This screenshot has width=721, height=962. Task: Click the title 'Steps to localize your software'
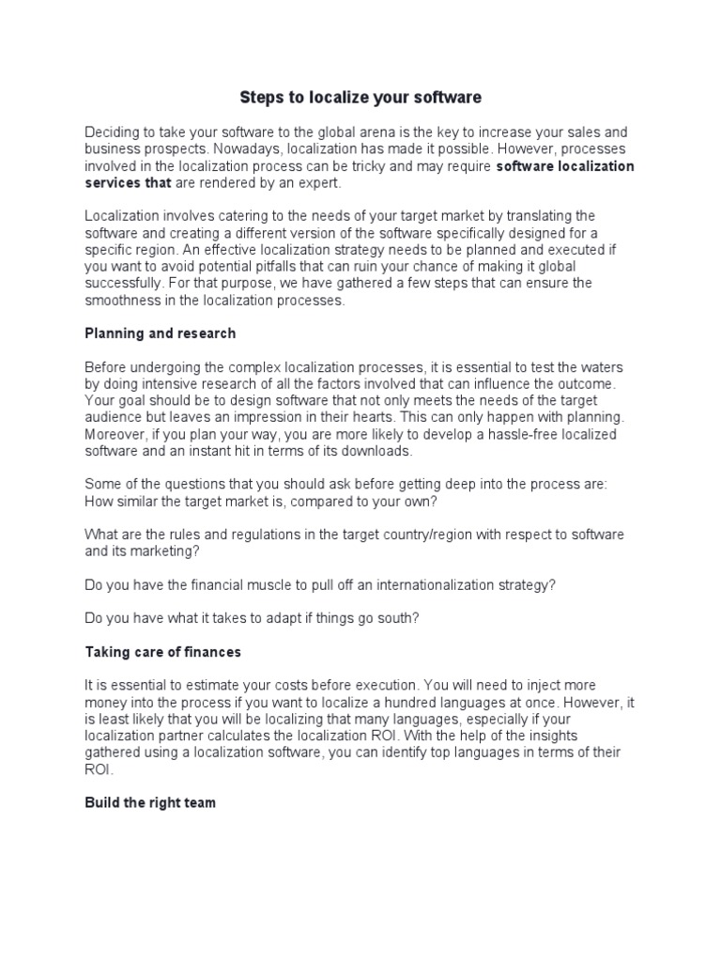[x=360, y=97]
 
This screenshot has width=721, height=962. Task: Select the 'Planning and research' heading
[x=160, y=334]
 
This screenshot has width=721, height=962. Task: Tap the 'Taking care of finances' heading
[x=162, y=651]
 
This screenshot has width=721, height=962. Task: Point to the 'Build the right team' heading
[x=150, y=803]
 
